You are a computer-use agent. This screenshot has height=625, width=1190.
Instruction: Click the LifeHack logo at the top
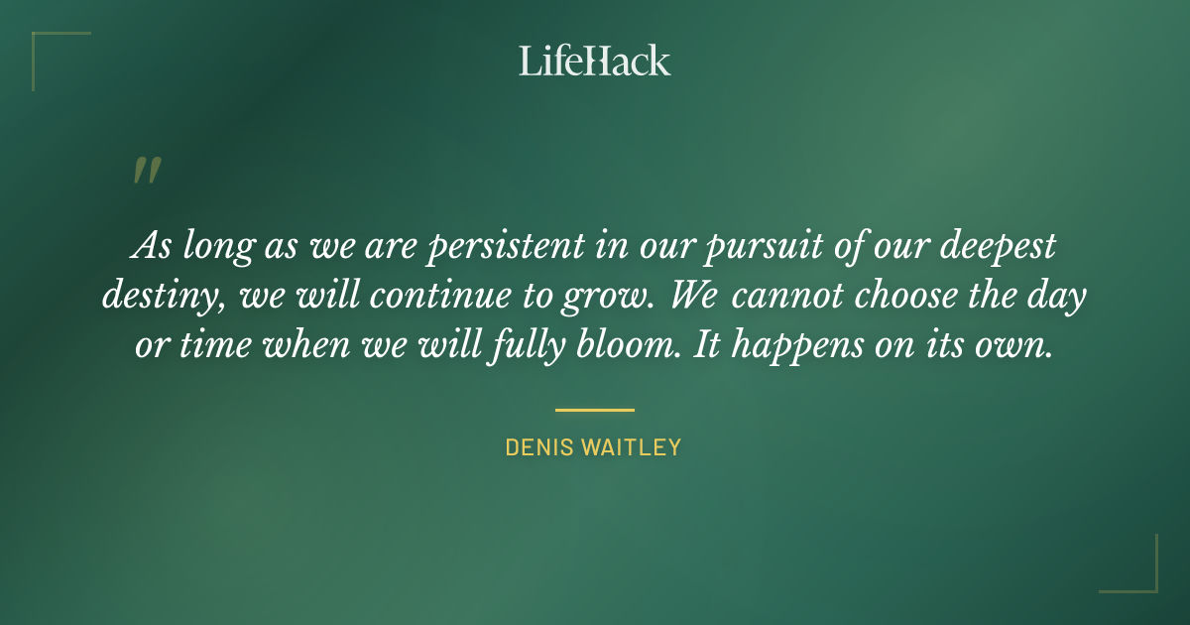594,61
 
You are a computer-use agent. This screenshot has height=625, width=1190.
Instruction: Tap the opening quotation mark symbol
146,172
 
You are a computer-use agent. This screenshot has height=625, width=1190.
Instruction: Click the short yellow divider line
594,409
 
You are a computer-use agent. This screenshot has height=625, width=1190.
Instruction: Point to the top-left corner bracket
45,46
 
